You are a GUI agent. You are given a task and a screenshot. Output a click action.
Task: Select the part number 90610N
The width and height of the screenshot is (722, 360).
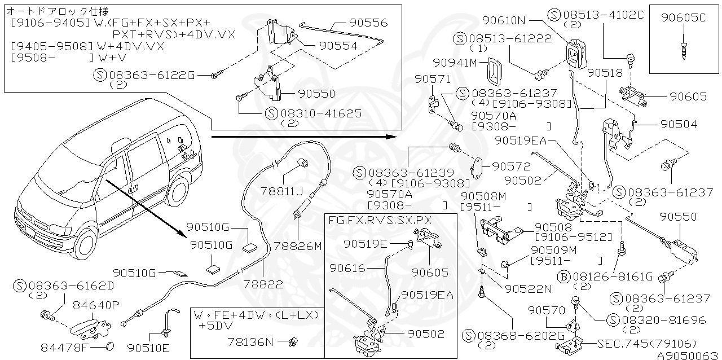[x=504, y=21]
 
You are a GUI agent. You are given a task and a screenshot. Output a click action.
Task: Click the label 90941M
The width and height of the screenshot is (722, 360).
[x=455, y=62]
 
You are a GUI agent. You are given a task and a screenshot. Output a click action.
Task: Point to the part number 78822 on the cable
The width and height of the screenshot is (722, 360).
[x=264, y=285]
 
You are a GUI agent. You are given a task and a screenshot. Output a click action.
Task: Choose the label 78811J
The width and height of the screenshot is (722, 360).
[x=281, y=191]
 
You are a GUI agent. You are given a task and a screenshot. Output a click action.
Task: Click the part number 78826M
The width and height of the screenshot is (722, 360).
[x=298, y=246]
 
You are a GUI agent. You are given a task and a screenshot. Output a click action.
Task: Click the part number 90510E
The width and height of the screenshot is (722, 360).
[x=151, y=346]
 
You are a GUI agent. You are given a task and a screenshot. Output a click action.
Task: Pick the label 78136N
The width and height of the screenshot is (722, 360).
[x=250, y=341]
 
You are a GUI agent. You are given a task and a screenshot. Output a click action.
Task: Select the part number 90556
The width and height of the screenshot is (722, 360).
[x=368, y=23]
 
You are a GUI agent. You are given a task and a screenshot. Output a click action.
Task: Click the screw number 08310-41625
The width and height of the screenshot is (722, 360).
[x=320, y=113]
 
